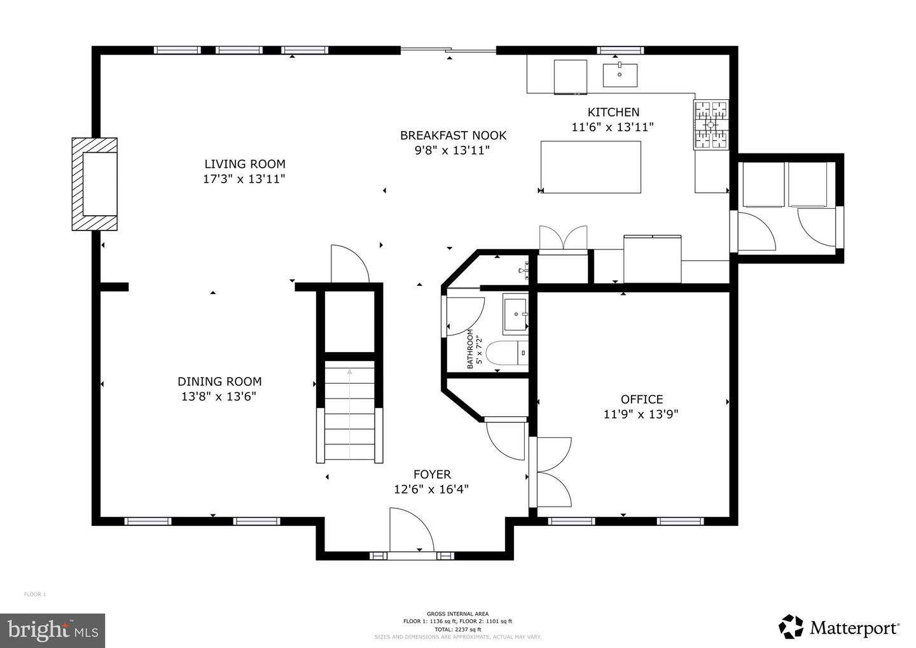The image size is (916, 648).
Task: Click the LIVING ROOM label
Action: click(244, 164)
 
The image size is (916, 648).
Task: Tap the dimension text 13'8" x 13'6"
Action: click(219, 397)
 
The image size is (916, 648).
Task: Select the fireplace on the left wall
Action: click(95, 184)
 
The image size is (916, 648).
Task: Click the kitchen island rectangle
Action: click(590, 167)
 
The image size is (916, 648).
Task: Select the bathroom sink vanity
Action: click(516, 314)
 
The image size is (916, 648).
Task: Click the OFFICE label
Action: click(641, 399)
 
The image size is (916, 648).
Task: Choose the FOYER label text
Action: click(432, 474)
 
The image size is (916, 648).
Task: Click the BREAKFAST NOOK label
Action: click(453, 135)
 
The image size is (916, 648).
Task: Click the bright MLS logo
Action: click(52, 630)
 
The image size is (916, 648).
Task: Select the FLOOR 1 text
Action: click(35, 595)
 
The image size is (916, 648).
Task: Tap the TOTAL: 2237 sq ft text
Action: click(457, 629)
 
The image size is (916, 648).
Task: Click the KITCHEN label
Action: click(613, 112)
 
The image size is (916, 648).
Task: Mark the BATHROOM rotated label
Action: click(471, 349)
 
